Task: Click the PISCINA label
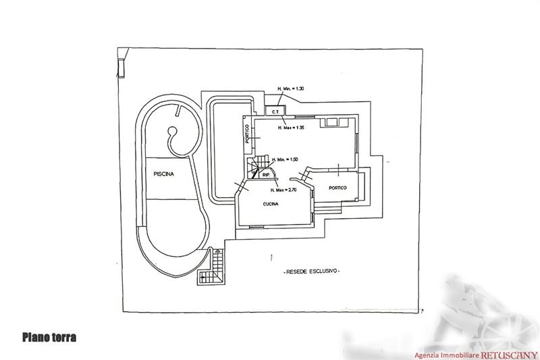click(163, 174)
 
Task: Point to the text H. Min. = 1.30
click(290, 89)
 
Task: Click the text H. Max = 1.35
click(290, 127)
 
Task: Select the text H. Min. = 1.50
click(284, 159)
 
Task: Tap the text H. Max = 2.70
click(284, 191)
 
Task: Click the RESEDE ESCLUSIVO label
click(311, 271)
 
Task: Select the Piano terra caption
click(49, 337)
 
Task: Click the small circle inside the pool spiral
click(172, 132)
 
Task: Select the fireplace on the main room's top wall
click(333, 122)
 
